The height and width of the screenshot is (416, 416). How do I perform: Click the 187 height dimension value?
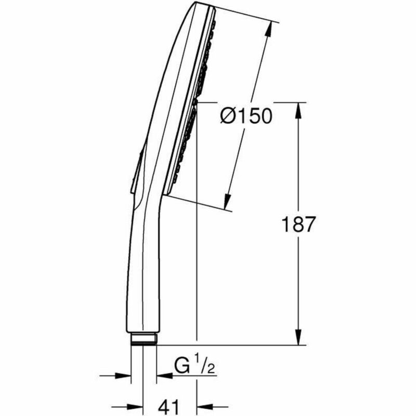298,225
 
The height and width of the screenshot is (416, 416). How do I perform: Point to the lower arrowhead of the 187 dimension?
298,340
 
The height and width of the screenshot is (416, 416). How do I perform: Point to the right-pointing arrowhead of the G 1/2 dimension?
123,374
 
